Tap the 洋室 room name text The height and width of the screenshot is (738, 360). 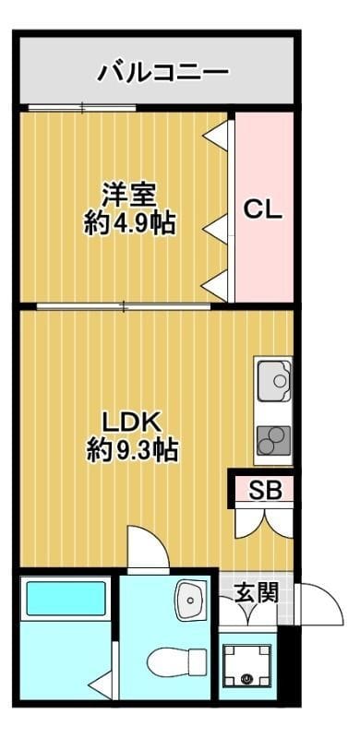[128, 196]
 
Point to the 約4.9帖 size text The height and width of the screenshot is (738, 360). [129, 223]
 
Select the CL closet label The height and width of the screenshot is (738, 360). [263, 209]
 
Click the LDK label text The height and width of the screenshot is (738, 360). [132, 423]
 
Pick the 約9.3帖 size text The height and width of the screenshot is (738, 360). [132, 451]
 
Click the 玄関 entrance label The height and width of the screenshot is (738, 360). [256, 591]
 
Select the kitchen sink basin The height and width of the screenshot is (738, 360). [273, 378]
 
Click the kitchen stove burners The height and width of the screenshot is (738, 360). [273, 441]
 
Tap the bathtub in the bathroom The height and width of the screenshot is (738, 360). [65, 599]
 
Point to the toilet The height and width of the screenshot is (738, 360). [177, 661]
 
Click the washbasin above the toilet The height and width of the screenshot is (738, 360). [192, 601]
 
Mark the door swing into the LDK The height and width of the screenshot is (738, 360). [148, 550]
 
